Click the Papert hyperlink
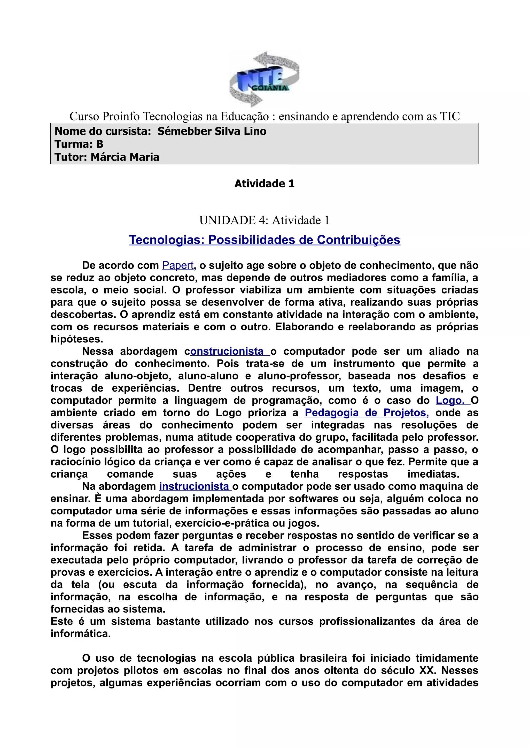click(178, 265)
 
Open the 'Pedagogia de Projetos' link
click(367, 413)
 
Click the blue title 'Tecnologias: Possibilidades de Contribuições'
click(264, 240)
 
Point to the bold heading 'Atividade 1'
click(264, 184)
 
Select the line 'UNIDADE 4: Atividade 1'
click(264, 220)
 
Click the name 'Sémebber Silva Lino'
click(212, 131)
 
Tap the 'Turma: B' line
click(79, 144)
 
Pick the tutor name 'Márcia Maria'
click(125, 157)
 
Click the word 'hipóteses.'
click(77, 339)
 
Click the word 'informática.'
click(81, 634)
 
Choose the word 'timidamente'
click(447, 658)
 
